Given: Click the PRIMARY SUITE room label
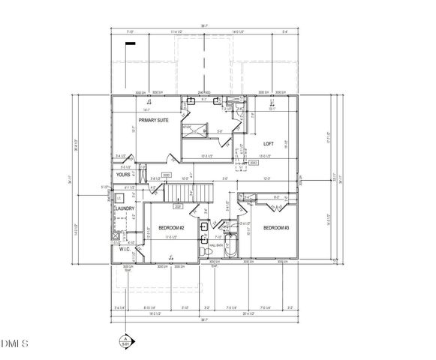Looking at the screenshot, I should [152, 120].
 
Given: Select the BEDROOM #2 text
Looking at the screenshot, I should [172, 227].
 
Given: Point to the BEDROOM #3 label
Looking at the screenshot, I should [275, 227].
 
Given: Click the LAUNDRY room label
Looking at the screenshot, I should [124, 208].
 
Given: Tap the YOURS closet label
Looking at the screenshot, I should [123, 174].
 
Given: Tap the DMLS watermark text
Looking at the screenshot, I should [15, 344].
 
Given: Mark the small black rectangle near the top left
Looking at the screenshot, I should [131, 45].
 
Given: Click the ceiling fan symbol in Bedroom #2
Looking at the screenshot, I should [173, 256].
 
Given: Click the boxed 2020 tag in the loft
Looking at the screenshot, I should [253, 161].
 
